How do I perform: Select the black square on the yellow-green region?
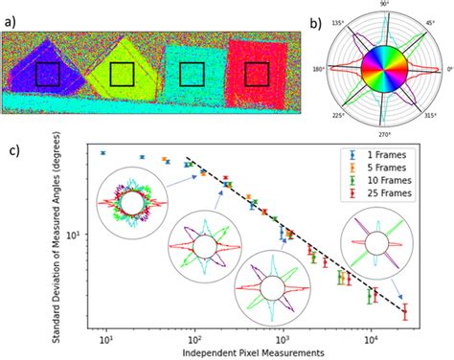tap(122, 75)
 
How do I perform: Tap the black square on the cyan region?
tap(191, 75)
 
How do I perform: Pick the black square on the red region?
tap(258, 75)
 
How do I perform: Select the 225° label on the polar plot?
tap(338, 116)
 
